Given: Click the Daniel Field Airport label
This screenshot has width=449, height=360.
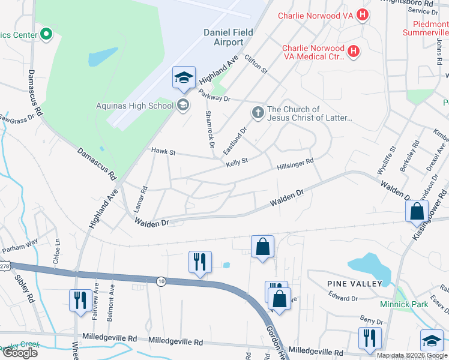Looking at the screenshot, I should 229,36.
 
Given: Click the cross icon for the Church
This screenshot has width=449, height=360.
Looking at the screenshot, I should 258,112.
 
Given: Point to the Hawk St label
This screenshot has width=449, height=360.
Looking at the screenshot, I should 163,152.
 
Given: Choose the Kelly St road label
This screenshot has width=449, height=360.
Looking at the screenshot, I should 237,163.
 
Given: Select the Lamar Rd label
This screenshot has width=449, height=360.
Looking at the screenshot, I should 143,197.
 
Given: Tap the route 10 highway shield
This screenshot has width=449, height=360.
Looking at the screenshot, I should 161,281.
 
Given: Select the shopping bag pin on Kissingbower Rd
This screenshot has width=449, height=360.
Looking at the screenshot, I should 417,212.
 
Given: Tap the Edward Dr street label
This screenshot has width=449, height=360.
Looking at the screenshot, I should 343,296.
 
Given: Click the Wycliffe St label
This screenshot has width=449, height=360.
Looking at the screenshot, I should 393,157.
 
